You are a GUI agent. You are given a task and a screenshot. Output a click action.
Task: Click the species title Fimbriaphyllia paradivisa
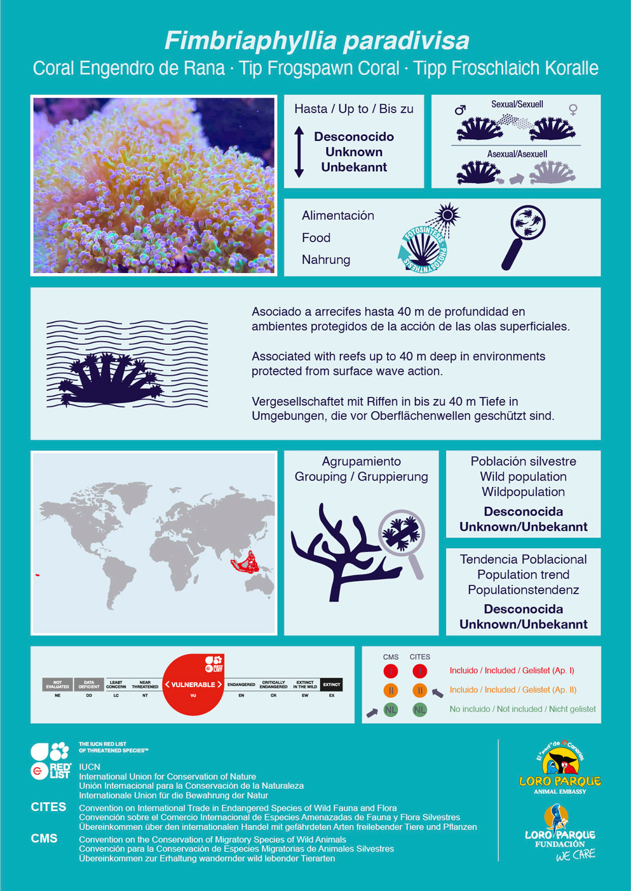coord(316,41)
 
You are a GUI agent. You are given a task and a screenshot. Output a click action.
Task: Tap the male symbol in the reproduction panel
coord(460,110)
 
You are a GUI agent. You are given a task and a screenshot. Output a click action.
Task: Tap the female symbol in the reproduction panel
coord(573,110)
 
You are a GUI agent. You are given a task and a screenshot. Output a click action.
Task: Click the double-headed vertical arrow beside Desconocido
coord(299,152)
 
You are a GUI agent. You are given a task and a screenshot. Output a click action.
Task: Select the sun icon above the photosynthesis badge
coord(447,215)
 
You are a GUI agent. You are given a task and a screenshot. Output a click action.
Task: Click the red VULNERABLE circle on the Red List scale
coord(193,685)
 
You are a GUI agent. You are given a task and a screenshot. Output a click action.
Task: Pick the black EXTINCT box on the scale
coord(331,685)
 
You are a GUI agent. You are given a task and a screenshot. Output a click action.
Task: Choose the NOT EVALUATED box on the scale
coord(57,685)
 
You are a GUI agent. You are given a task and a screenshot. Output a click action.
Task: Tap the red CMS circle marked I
coord(391,671)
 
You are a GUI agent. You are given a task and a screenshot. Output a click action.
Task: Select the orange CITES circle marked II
coord(419,690)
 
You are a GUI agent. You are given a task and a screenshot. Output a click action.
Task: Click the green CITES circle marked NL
coord(419,709)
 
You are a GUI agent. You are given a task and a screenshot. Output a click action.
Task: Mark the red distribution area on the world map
coord(245,563)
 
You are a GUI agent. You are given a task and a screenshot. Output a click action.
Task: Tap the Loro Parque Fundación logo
coord(560,832)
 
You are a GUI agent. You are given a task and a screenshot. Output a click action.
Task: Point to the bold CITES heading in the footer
coord(48,807)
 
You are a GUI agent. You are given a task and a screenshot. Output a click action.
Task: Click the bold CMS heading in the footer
coord(44,838)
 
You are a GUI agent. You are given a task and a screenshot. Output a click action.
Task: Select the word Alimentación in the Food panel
coord(337,216)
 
